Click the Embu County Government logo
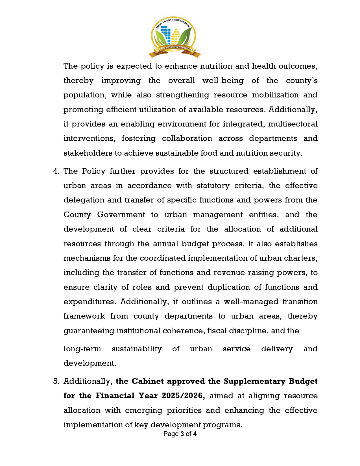[x=174, y=37]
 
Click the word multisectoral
[x=293, y=124]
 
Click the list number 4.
[x=56, y=171]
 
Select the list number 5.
[x=56, y=382]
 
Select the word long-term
[x=82, y=349]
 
